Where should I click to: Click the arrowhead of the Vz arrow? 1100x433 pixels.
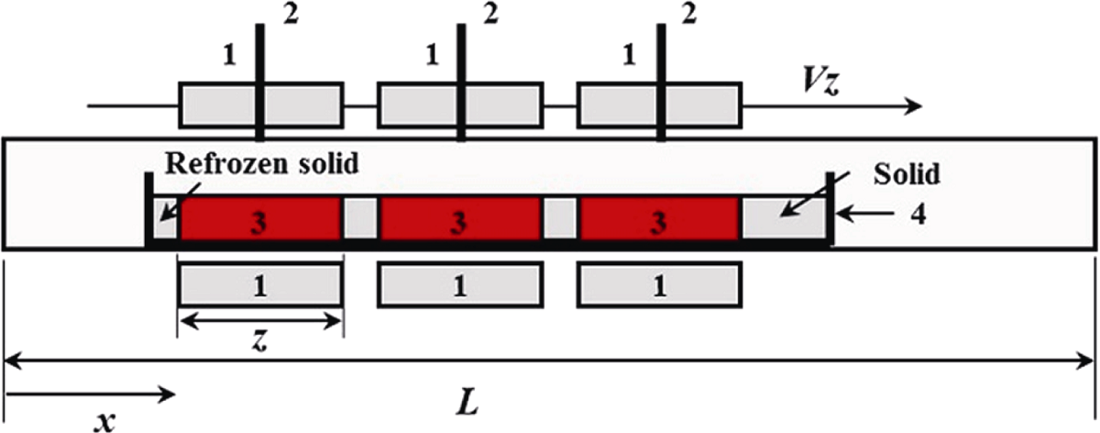coord(913,105)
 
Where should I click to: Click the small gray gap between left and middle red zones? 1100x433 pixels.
coord(361,217)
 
